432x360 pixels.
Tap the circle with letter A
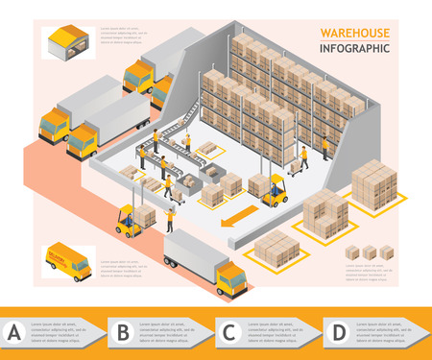[x=14, y=333]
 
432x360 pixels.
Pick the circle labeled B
[x=122, y=333]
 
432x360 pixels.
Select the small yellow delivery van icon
[x=68, y=261]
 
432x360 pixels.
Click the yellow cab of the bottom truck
[x=231, y=280]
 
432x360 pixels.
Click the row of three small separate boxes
[x=370, y=252]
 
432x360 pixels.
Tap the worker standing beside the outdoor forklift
[x=170, y=220]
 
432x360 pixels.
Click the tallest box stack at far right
[x=373, y=184]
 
